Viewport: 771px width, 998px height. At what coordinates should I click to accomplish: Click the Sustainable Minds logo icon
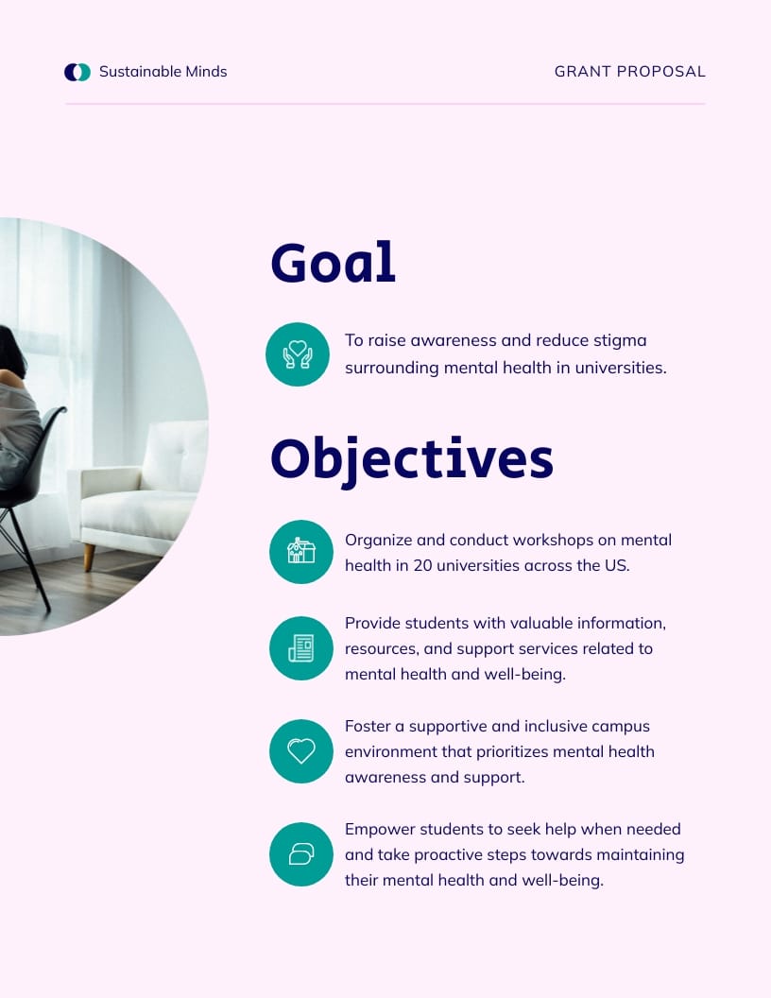click(77, 72)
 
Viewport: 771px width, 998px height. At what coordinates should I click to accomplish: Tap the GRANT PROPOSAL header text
click(629, 72)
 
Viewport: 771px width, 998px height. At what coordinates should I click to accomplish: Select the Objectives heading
click(412, 459)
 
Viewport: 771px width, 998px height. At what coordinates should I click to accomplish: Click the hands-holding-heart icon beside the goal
click(298, 354)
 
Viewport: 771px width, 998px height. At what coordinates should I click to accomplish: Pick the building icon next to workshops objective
click(301, 552)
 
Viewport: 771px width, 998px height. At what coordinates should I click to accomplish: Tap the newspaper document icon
click(301, 648)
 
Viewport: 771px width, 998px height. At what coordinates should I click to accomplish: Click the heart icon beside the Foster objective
click(301, 751)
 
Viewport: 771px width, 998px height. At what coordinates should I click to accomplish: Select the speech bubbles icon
click(301, 854)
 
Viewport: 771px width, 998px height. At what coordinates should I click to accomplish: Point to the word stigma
click(617, 340)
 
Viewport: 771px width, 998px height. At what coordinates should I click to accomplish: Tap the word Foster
click(367, 726)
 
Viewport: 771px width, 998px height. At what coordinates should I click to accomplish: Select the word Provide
click(372, 623)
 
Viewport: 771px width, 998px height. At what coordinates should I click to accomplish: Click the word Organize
click(379, 540)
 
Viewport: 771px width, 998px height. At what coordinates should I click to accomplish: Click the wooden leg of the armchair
click(89, 556)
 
